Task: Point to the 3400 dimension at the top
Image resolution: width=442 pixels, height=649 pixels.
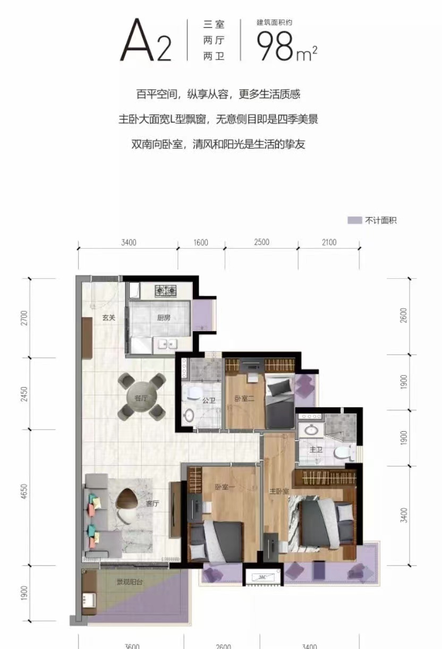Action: (129, 242)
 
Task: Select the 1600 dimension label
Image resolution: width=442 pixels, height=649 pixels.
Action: (201, 242)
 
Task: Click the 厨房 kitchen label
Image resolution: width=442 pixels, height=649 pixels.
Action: (164, 318)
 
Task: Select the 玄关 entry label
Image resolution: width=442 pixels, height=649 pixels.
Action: (109, 318)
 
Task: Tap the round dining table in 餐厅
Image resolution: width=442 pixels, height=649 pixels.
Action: (141, 396)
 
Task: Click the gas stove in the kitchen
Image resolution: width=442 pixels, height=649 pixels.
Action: (166, 291)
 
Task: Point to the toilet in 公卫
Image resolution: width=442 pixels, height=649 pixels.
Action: (189, 416)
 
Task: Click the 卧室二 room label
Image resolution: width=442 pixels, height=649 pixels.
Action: (242, 398)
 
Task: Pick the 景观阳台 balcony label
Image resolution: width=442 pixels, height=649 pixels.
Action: (130, 582)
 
